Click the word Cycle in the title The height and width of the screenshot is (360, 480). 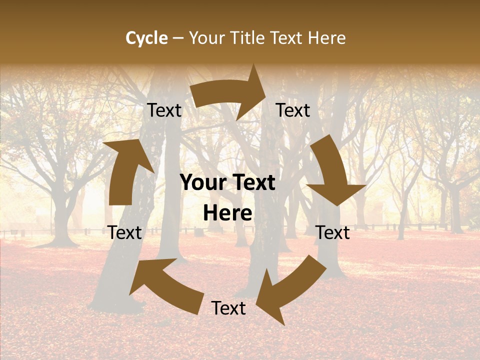tap(146, 38)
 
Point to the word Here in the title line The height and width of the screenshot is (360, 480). tap(326, 38)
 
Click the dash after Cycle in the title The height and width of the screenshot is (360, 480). tap(177, 38)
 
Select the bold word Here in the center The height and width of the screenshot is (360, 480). tap(227, 213)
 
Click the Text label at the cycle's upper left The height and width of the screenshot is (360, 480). tap(164, 110)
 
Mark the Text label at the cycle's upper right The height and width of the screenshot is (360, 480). tap(293, 110)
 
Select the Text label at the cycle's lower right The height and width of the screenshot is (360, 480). tap(333, 232)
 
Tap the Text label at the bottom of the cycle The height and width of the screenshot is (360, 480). tap(228, 308)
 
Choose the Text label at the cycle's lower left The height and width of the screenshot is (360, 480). tap(125, 232)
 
